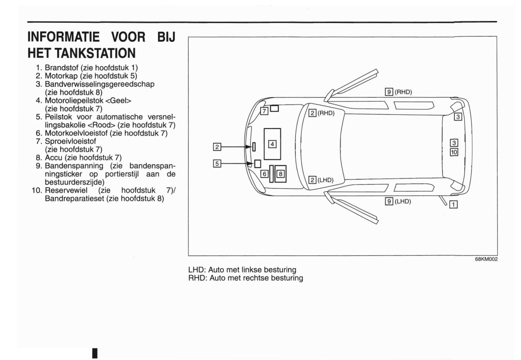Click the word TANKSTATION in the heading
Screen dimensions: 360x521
[x=95, y=53]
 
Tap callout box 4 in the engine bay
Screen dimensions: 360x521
[x=272, y=144]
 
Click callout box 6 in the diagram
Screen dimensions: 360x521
[x=264, y=174]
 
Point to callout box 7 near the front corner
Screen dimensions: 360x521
[x=264, y=111]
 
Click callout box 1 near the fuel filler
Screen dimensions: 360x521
[x=453, y=205]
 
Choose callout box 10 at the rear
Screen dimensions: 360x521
[x=454, y=152]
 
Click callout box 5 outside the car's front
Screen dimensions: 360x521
[x=217, y=163]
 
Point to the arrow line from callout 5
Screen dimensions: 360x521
[x=234, y=163]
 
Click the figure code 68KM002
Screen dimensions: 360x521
[x=486, y=259]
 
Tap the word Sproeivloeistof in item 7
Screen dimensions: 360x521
[x=70, y=141]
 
